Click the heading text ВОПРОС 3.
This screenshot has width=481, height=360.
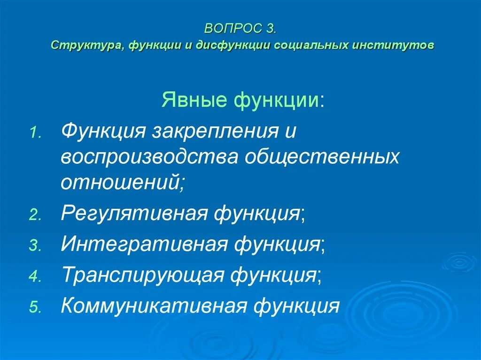pos(240,29)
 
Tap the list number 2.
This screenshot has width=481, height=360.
pos(36,215)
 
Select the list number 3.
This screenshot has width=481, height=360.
pos(36,246)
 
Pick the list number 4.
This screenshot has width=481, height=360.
pos(36,277)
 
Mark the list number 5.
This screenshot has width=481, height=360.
pos(36,308)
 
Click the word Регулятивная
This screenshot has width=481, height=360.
pos(134,214)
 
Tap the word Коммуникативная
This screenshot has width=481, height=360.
pos(154,306)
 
